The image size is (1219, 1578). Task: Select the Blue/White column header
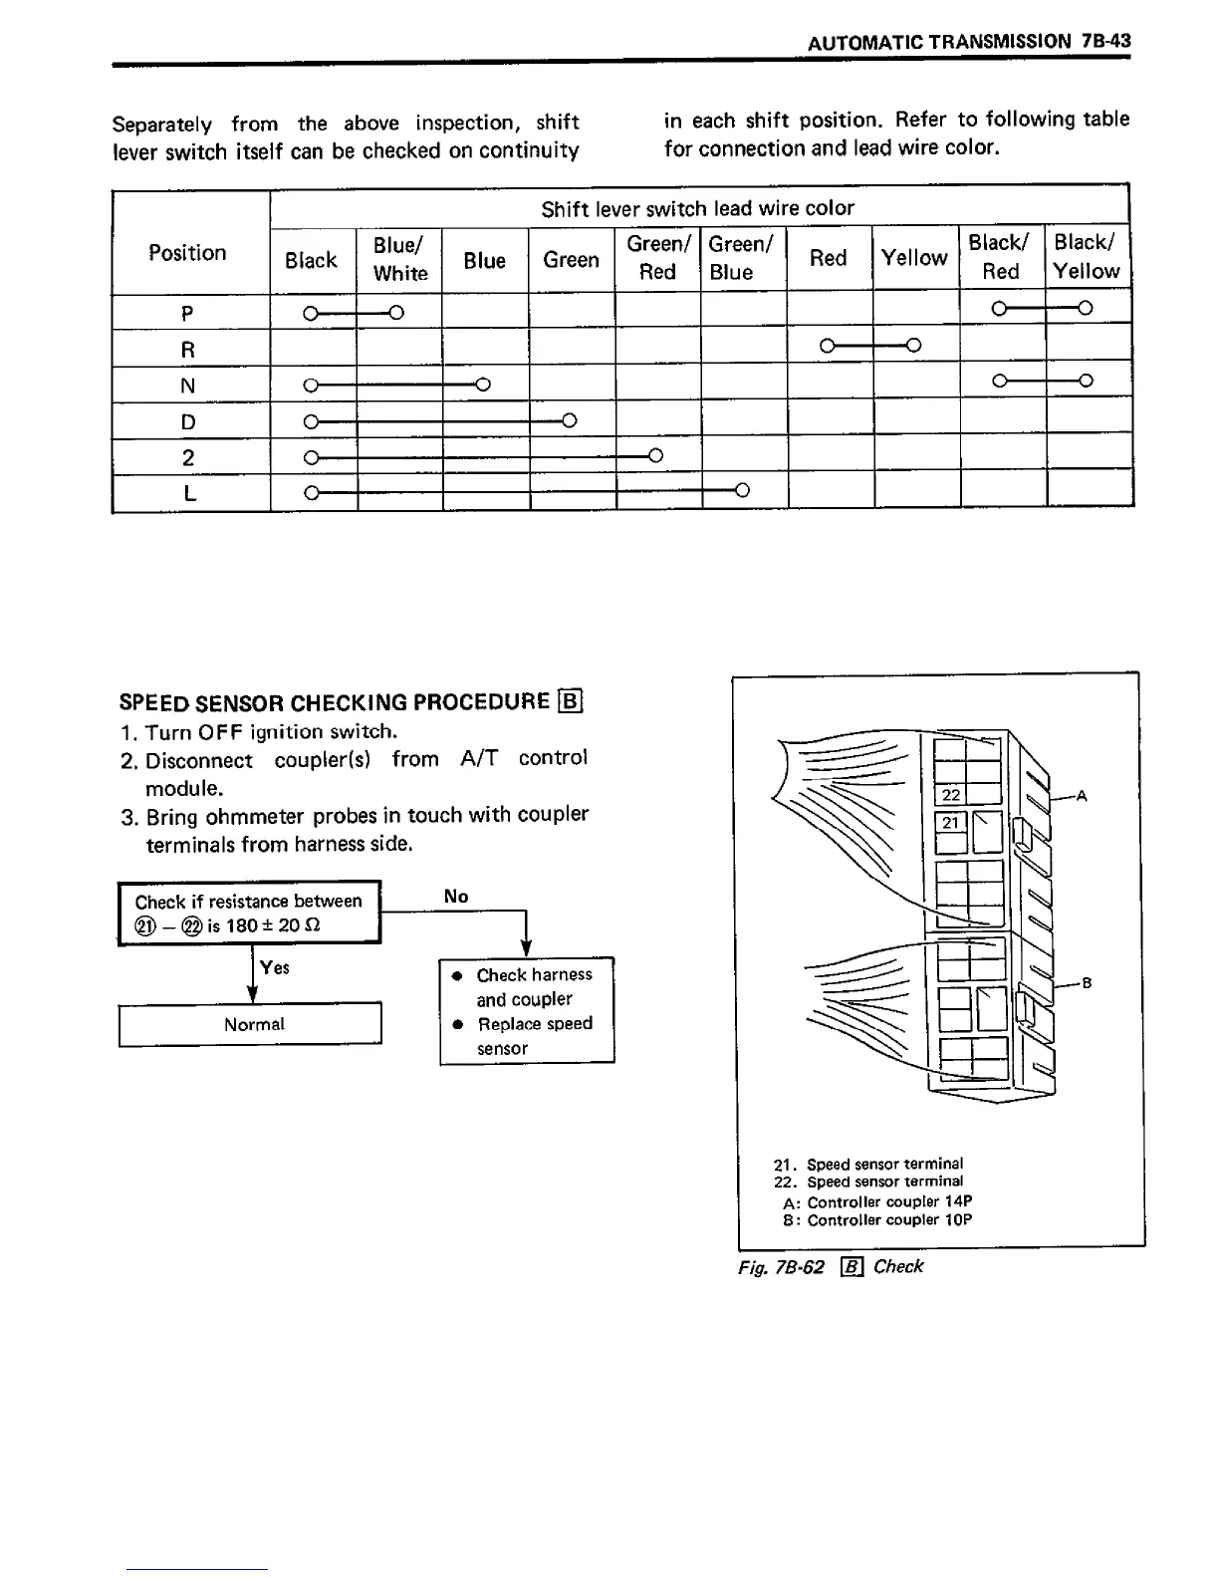(x=400, y=259)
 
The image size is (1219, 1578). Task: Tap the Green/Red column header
(x=658, y=258)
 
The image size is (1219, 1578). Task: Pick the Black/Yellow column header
(x=1087, y=256)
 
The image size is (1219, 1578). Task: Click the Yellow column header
(x=914, y=258)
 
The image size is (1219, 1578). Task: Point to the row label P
(x=188, y=314)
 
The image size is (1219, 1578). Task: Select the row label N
(x=188, y=386)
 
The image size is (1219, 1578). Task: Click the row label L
(x=188, y=493)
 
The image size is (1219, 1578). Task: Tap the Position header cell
(x=188, y=252)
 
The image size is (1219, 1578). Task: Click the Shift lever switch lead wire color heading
(x=697, y=208)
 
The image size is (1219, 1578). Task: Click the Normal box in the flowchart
(x=253, y=1024)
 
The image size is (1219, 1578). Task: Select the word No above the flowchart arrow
(x=456, y=897)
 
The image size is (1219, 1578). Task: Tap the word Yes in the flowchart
(x=275, y=967)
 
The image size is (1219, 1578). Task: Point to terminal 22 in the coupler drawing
(x=951, y=794)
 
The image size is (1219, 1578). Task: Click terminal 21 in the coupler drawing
(x=951, y=822)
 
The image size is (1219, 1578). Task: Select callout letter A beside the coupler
(x=1082, y=796)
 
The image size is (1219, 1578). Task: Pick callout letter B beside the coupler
(x=1087, y=983)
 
